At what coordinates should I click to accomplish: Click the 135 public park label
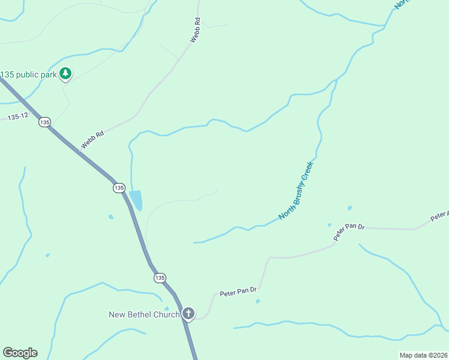(x=28, y=74)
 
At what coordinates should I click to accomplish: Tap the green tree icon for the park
(x=65, y=74)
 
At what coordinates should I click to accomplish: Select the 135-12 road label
(x=18, y=116)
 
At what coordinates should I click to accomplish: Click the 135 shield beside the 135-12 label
(x=44, y=122)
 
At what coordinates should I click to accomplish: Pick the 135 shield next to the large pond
(x=119, y=188)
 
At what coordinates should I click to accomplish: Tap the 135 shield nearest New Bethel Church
(x=159, y=278)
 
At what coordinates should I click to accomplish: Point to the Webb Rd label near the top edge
(x=195, y=29)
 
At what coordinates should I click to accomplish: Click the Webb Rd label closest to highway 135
(x=92, y=140)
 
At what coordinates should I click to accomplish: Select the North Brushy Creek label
(x=297, y=190)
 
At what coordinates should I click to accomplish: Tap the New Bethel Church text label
(x=144, y=314)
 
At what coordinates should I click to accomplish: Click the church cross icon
(x=188, y=313)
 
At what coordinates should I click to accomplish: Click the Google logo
(x=20, y=353)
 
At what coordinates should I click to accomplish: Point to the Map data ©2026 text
(x=423, y=355)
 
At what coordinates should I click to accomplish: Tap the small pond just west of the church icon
(x=167, y=308)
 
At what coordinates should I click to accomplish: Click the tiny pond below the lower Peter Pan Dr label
(x=258, y=301)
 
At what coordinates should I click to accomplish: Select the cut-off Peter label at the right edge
(x=439, y=214)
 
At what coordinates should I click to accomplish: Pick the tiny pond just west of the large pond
(x=110, y=217)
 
